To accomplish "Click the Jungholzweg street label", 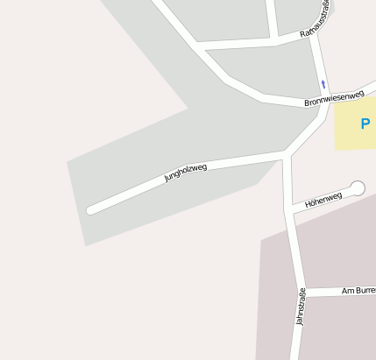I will point(186,172).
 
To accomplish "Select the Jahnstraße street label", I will point(302,307).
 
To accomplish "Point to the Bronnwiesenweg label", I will point(334,97).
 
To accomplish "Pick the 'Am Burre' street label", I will point(358,289).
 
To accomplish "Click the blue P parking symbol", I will point(365,124).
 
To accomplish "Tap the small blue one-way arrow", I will point(323,84).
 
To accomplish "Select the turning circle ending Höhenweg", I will point(357,187).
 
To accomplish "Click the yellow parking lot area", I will point(354,131).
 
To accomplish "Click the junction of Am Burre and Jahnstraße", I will point(303,293).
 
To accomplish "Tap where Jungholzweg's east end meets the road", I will point(286,156).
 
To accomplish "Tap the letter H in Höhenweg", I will point(308,205).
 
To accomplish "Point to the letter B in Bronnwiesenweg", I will point(308,103).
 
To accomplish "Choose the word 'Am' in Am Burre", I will point(346,290).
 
